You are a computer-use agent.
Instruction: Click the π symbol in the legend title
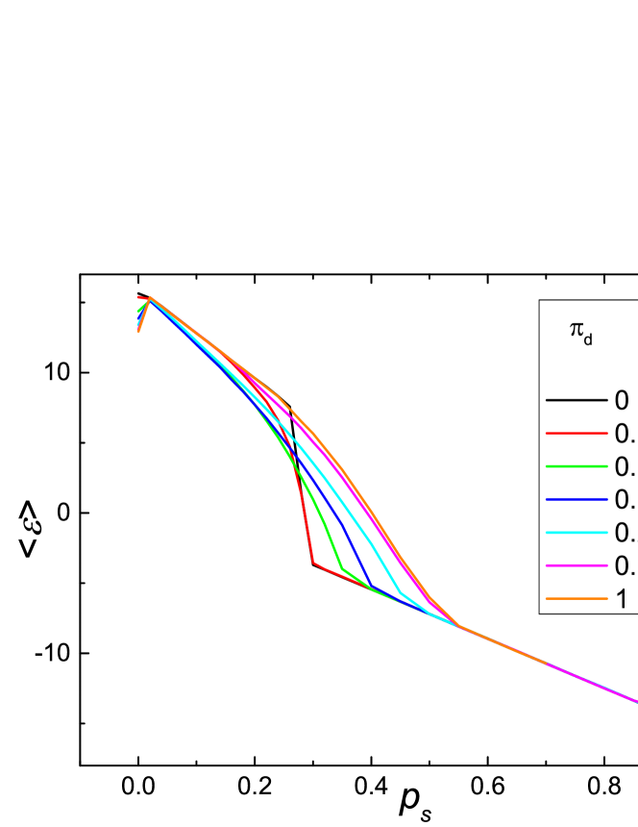click(576, 329)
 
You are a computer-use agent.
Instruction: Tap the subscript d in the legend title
click(588, 338)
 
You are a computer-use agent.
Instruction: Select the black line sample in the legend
click(576, 400)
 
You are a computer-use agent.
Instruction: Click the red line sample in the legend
click(576, 434)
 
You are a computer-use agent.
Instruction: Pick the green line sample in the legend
click(576, 466)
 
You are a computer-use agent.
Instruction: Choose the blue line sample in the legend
click(576, 500)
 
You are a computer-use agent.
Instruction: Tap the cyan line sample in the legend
click(576, 533)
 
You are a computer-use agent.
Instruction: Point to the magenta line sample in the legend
click(576, 565)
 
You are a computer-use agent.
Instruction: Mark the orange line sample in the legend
click(576, 599)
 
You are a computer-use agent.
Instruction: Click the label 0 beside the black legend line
click(622, 400)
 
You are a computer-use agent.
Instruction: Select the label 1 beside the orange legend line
click(622, 599)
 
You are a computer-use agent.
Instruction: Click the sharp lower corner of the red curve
click(313, 563)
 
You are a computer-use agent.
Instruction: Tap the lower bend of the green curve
click(342, 569)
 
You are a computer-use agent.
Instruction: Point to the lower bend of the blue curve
click(371, 586)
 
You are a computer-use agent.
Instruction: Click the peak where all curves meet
click(150, 298)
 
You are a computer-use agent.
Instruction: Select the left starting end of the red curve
click(138, 297)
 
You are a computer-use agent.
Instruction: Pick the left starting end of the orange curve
click(138, 331)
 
